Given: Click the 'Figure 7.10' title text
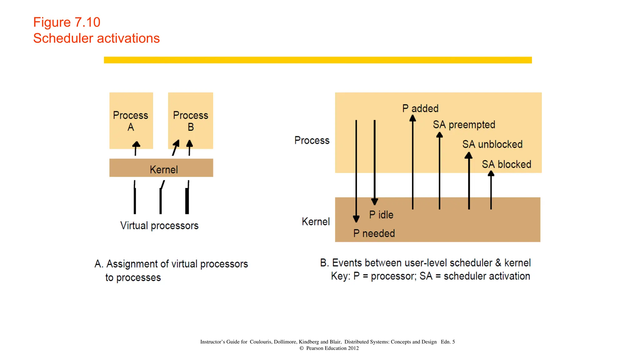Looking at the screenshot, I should (x=67, y=22).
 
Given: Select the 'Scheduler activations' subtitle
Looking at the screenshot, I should (x=96, y=38).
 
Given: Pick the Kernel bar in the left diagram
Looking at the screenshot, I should (x=161, y=168).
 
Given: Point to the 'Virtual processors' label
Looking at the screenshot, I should (x=159, y=226).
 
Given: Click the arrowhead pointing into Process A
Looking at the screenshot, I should (x=136, y=145).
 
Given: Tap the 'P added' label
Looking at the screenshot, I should (x=420, y=108).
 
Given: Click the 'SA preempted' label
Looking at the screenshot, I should (x=464, y=125).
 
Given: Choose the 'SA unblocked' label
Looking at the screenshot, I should (x=492, y=144).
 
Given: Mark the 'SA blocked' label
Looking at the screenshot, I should (x=506, y=164).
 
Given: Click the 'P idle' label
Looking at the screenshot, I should (x=381, y=215).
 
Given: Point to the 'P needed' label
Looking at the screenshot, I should (x=374, y=233).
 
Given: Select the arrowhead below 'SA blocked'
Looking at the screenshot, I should (x=491, y=174).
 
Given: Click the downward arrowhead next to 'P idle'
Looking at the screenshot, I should (x=374, y=202).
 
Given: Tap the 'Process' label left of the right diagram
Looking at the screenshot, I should (x=312, y=140).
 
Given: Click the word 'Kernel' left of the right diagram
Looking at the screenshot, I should (x=315, y=222).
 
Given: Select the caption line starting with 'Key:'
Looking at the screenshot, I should (x=430, y=276).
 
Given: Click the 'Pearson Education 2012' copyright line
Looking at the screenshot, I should (x=329, y=348).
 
